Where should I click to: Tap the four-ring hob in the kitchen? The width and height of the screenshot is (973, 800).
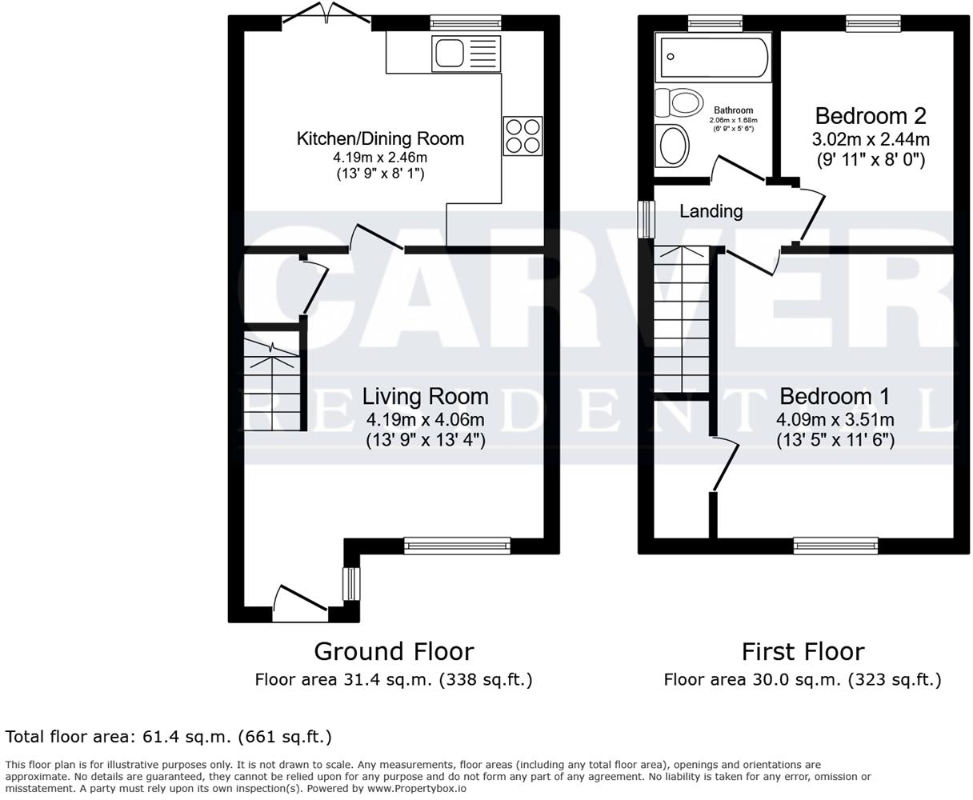(x=523, y=135)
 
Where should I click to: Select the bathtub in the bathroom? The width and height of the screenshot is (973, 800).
(x=711, y=56)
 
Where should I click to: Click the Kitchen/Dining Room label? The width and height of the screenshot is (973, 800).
(x=380, y=138)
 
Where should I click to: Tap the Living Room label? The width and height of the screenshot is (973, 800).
(x=425, y=396)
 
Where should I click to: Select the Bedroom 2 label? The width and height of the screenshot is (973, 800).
(x=871, y=116)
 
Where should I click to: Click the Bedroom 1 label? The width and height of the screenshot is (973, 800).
(x=835, y=396)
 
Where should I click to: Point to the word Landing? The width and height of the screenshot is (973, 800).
(x=711, y=211)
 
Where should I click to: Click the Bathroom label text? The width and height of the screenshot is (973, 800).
(x=733, y=110)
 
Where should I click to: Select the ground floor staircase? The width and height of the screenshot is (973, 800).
(x=271, y=380)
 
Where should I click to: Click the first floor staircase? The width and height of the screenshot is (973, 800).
(x=681, y=320)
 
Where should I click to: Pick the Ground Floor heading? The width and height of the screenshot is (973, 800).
(x=393, y=651)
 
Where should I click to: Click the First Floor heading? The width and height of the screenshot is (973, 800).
(x=803, y=651)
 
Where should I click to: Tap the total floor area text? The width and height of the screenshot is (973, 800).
(x=168, y=736)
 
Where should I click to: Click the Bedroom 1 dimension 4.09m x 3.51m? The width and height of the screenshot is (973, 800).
(x=835, y=419)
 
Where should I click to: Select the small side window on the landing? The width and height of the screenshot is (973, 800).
(x=644, y=218)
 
